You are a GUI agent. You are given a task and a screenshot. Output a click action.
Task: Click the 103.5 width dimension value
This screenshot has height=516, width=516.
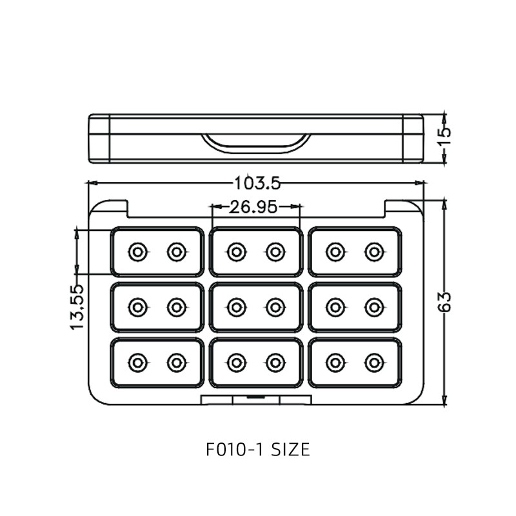click(257, 183)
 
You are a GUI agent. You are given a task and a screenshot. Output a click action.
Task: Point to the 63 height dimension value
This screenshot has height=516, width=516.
click(444, 301)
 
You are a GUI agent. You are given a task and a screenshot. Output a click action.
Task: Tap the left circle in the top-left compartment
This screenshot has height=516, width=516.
click(137, 252)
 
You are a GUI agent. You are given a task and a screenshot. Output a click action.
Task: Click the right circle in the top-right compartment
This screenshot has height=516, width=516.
click(374, 252)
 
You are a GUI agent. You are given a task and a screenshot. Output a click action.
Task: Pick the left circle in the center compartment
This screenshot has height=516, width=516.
click(237, 308)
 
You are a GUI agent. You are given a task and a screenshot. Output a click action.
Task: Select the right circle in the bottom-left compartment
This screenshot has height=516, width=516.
click(177, 363)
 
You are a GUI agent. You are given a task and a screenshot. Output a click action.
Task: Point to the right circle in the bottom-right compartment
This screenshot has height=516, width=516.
click(374, 363)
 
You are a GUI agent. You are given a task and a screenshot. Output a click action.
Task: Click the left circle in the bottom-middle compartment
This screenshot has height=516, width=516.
click(237, 363)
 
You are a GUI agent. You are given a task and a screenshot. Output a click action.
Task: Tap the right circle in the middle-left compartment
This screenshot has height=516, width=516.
click(177, 308)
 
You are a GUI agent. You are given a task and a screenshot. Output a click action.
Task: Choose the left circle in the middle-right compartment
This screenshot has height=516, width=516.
click(335, 308)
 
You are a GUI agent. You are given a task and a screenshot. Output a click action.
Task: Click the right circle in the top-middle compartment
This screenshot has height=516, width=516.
click(275, 252)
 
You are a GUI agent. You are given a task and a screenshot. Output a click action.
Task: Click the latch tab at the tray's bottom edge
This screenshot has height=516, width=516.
click(256, 399)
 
